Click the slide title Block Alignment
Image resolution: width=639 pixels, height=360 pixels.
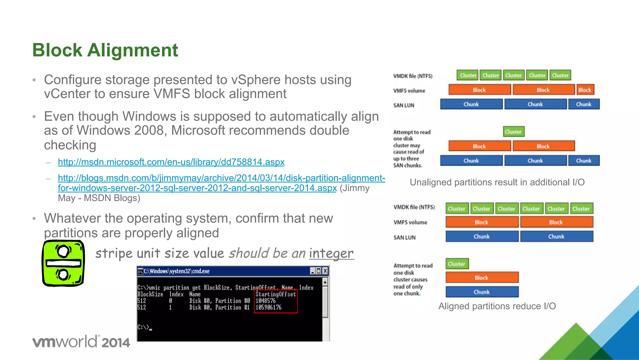[105, 50]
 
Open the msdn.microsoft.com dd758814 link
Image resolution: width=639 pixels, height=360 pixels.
[171, 162]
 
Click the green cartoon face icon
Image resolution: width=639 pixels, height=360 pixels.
[63, 263]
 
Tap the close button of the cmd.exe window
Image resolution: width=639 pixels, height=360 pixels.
[325, 271]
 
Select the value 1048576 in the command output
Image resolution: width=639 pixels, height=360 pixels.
[266, 301]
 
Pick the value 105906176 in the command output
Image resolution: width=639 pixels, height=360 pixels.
[268, 308]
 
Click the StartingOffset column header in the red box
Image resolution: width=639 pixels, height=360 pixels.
[276, 294]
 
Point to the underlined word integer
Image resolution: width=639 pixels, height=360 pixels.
[331, 254]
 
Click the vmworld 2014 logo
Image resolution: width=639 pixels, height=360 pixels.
[81, 342]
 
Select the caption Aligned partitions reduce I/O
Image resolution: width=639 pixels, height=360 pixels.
[497, 306]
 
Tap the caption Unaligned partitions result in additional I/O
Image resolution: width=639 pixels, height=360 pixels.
[497, 182]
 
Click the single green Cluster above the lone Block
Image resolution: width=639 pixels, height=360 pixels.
[457, 264]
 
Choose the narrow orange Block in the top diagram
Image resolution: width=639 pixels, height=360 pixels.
[585, 90]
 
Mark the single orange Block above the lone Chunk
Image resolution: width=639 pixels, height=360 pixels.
[482, 278]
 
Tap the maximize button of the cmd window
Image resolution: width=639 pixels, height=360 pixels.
[319, 271]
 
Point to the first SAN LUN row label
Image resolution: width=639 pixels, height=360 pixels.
[404, 106]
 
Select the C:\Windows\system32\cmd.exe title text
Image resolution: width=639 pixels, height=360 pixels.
[177, 271]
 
